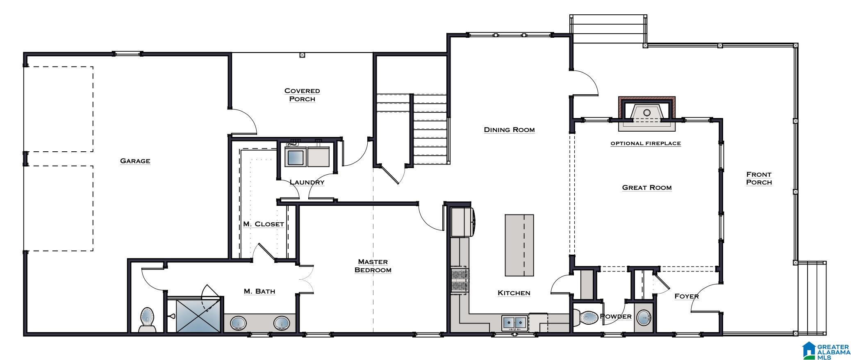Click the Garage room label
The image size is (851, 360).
[x=135, y=161]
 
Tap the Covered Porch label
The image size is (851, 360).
[x=302, y=95]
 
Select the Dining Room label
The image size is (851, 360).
[x=509, y=130]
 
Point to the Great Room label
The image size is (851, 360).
[x=647, y=187]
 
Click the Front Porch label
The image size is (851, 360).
[x=759, y=178]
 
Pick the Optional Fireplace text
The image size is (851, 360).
[x=646, y=144]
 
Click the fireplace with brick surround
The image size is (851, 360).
[x=646, y=114]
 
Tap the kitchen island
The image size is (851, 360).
[x=519, y=245]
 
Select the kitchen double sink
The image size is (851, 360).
[x=515, y=323]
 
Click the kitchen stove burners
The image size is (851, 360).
[x=460, y=280]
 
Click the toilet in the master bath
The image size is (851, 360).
[x=147, y=320]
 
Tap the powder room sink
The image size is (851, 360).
[x=644, y=318]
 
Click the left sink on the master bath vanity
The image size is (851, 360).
[x=238, y=323]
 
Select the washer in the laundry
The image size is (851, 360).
[x=296, y=156]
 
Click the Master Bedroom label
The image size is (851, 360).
[x=373, y=266]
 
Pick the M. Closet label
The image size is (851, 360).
[x=264, y=224]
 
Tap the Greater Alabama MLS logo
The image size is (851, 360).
[x=826, y=351]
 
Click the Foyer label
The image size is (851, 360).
[x=687, y=296]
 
